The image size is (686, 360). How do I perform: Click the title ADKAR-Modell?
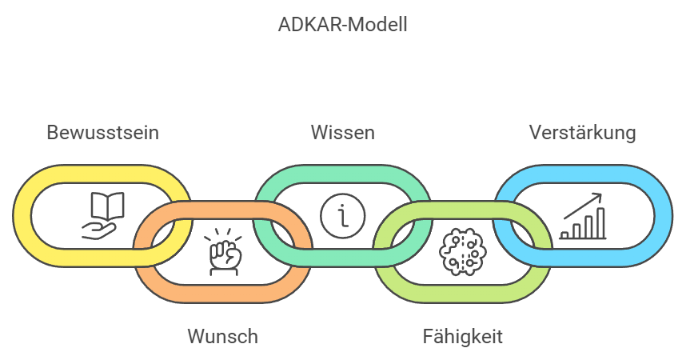[343, 25]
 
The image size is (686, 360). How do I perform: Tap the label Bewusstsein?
[102, 133]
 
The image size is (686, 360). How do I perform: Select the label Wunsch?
[222, 336]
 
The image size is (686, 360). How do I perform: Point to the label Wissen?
[342, 133]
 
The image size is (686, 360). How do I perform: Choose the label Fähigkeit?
[462, 336]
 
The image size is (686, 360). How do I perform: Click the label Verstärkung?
[582, 133]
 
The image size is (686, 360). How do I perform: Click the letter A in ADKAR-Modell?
[284, 25]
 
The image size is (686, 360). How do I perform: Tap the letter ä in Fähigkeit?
[441, 336]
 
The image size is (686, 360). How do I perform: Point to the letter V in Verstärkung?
[535, 133]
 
